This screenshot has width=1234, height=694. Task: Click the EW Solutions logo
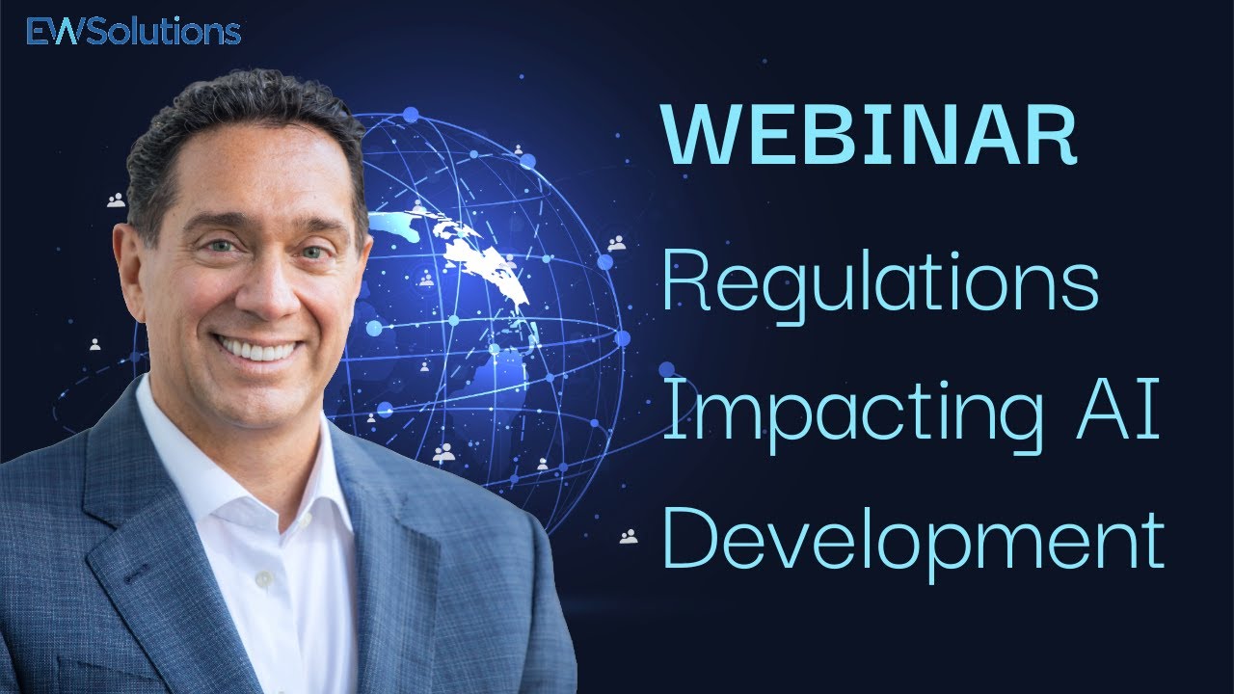(133, 32)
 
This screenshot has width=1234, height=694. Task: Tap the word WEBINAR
(868, 137)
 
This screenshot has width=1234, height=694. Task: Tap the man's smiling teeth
(257, 348)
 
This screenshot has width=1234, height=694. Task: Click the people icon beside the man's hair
(117, 200)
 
